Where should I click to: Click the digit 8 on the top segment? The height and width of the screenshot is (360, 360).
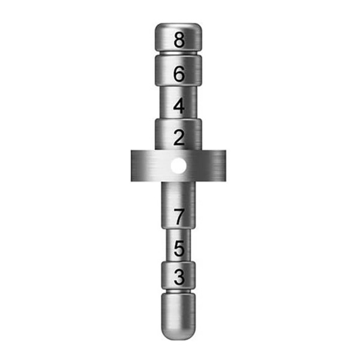[179, 40]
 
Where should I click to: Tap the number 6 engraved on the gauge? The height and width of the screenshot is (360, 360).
[179, 74]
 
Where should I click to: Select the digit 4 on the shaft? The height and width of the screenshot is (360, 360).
[179, 106]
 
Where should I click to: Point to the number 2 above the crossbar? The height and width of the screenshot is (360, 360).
[179, 137]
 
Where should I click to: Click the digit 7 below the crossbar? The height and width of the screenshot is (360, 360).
[179, 217]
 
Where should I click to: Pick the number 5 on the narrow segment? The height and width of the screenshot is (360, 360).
[179, 248]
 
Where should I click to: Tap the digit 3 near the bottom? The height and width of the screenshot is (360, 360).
[179, 277]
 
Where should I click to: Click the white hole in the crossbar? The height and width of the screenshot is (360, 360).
[178, 166]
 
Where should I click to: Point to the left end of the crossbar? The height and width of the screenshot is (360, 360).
[131, 166]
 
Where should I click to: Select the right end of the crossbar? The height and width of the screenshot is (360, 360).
[226, 166]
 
